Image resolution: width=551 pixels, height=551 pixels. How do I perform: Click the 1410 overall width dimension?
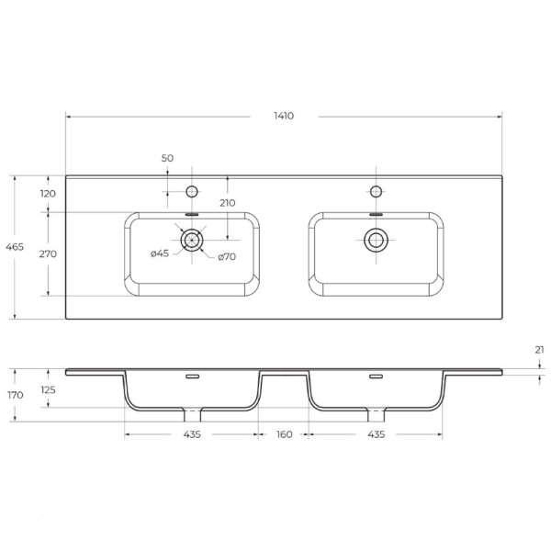coord(284,116)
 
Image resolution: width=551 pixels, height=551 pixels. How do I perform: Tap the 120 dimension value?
coord(49,194)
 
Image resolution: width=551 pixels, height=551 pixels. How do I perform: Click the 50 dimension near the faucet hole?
coord(167,158)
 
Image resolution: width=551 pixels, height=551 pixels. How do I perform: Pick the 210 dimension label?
coord(227,203)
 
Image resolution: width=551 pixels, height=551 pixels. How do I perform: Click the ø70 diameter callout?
coord(227,256)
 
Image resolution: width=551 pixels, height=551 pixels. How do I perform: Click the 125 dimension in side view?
coord(49,390)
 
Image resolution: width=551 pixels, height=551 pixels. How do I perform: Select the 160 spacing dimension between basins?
coord(284,434)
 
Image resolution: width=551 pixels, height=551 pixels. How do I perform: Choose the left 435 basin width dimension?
coord(191,434)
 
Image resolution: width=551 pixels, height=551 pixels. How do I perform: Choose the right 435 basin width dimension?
coord(376,434)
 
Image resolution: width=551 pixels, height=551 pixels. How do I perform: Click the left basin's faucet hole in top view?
coord(192,191)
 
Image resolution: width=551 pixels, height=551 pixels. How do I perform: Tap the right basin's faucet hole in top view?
coord(376,191)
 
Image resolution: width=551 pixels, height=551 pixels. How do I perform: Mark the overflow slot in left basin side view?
coord(192,377)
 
